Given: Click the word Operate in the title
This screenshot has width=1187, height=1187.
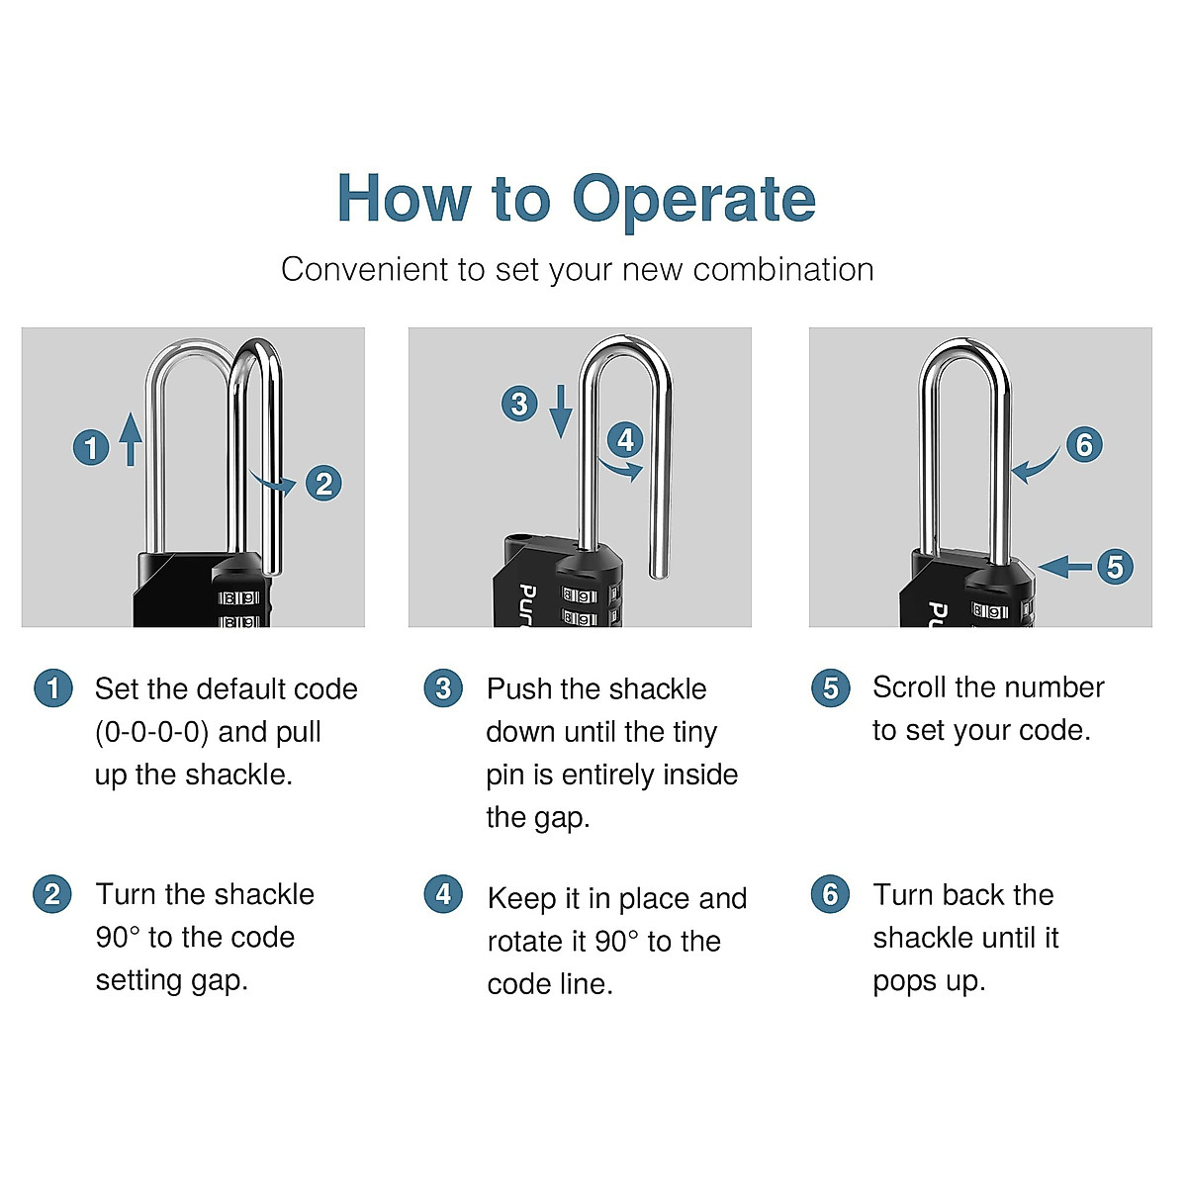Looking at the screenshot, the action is point(693,201).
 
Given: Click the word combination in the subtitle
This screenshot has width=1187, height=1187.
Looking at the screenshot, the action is point(782,270).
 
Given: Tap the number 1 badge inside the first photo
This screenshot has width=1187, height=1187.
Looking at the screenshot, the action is point(91,447).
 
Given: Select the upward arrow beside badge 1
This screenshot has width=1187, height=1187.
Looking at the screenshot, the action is point(130,439).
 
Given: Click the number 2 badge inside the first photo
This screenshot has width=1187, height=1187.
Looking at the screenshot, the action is point(323,483).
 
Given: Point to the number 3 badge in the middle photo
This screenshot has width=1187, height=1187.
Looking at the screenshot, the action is point(519,404).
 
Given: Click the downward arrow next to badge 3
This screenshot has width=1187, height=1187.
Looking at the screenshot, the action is point(561,411).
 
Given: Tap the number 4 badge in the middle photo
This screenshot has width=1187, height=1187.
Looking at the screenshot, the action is point(625,440).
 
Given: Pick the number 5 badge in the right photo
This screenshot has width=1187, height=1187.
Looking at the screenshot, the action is point(1115,566).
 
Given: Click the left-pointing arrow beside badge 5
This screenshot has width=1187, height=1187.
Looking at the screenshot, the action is point(1064,566).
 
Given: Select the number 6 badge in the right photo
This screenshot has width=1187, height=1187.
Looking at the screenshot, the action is point(1084,444).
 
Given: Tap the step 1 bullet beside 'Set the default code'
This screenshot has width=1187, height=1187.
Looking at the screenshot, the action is point(53,688).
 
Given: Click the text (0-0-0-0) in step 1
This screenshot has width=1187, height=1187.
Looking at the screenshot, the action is point(151,732).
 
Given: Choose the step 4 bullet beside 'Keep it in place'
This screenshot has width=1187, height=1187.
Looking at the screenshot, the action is point(443,894).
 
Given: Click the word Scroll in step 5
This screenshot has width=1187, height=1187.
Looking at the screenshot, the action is point(909,686).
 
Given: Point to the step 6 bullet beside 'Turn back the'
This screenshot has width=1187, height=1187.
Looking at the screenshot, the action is point(830,894).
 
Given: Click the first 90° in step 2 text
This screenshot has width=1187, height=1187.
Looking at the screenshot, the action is point(117,938).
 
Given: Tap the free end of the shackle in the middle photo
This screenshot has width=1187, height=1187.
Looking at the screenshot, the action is point(660,573).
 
